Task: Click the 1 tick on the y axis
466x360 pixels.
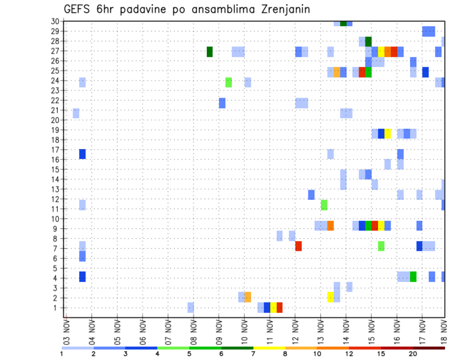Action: pyautogui.click(x=56, y=308)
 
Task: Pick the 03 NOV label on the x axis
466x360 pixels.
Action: pyautogui.click(x=67, y=331)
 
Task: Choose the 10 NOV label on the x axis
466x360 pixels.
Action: pyautogui.click(x=244, y=331)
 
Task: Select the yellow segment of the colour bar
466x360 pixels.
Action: pyautogui.click(x=269, y=348)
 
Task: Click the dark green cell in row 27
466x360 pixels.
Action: pyautogui.click(x=210, y=51)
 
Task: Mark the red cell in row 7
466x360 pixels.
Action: pyautogui.click(x=299, y=246)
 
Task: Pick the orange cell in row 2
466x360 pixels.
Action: pyautogui.click(x=248, y=297)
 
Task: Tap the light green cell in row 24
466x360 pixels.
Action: pyautogui.click(x=229, y=82)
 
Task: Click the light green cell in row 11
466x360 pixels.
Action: pyautogui.click(x=324, y=205)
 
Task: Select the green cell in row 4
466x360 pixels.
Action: pyautogui.click(x=413, y=277)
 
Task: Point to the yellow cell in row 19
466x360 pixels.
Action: pyautogui.click(x=387, y=133)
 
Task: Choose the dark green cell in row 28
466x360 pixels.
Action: pyautogui.click(x=368, y=42)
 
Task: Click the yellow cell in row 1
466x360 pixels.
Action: pyautogui.click(x=273, y=308)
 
